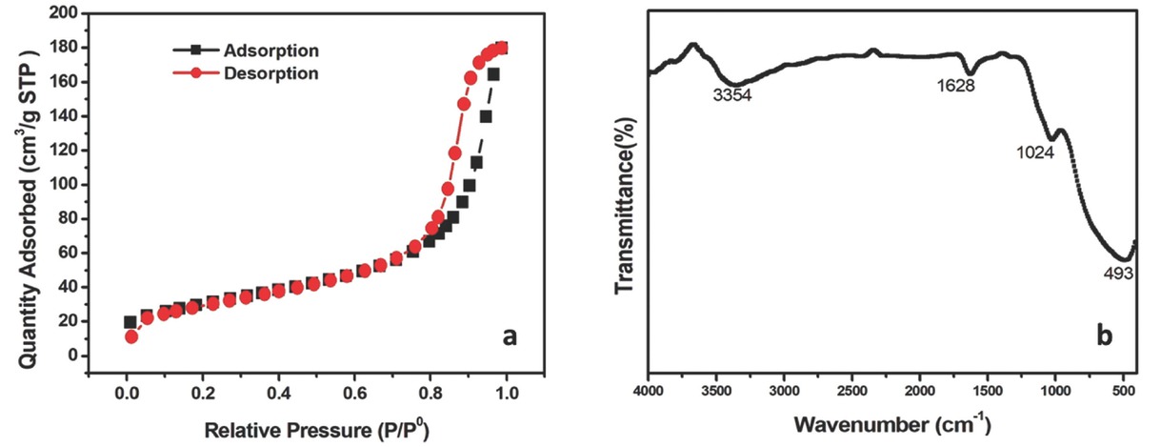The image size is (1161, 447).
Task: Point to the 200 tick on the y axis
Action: tap(62, 13)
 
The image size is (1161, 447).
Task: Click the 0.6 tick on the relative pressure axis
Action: tap(354, 393)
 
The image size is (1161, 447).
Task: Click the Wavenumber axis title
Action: tap(892, 423)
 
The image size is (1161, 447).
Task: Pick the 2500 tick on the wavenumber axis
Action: tap(852, 391)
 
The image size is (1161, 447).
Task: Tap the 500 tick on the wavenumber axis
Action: tap(1124, 391)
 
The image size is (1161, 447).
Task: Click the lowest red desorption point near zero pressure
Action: tap(131, 336)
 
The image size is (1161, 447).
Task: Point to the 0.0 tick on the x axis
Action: tap(127, 393)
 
